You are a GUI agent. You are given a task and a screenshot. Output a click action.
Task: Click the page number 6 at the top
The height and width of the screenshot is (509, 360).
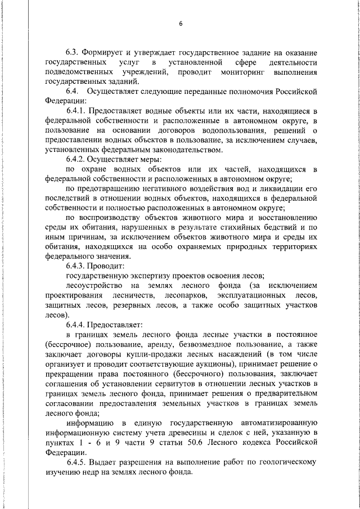[x=181, y=24]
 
